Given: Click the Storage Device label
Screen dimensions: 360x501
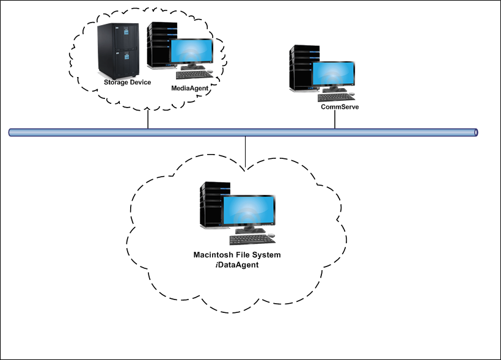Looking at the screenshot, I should coord(127,83).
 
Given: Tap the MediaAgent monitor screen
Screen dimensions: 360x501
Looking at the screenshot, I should coord(192,54).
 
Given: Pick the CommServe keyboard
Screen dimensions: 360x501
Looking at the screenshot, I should coord(336,97).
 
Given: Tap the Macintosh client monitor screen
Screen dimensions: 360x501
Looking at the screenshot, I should coord(247,211).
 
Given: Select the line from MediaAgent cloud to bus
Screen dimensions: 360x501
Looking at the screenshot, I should coord(148,120).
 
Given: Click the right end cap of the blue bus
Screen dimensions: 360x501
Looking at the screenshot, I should coord(475,132).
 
